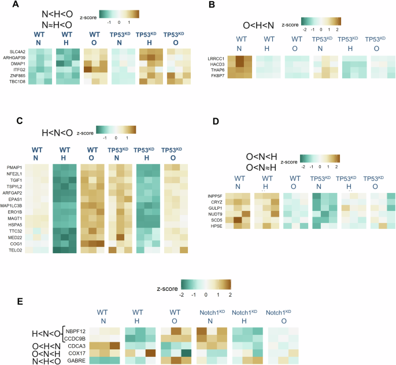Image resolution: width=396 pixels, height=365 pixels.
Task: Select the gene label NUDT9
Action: tap(212, 213)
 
